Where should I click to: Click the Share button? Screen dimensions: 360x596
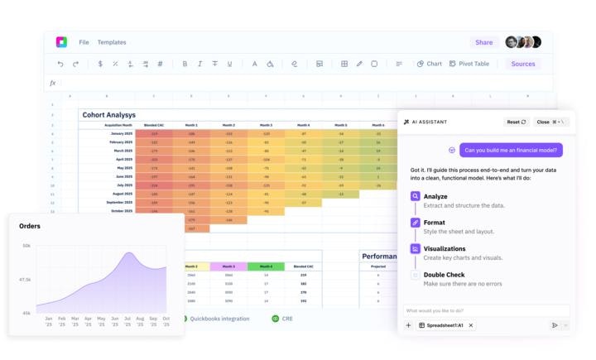pos(483,42)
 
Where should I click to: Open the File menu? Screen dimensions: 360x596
pos(84,42)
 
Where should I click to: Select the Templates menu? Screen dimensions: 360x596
pos(112,42)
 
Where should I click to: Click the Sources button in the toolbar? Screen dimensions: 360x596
pos(522,64)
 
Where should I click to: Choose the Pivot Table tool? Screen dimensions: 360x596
pos(469,64)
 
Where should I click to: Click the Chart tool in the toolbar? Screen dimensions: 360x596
pos(430,64)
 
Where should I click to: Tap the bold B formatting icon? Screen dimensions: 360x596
pos(185,64)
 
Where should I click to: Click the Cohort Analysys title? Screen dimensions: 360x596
pos(108,115)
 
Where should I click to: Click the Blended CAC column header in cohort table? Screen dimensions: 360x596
pos(153,125)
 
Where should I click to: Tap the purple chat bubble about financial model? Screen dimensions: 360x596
pos(511,151)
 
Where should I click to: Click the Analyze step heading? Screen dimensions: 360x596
pos(435,196)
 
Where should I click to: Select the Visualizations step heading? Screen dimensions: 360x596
pos(445,248)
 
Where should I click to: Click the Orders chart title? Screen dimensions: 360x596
pos(30,225)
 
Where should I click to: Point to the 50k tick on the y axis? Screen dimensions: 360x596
pos(26,246)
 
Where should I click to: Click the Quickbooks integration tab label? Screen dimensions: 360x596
pos(219,319)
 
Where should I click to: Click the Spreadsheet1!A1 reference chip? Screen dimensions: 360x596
pos(445,325)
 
